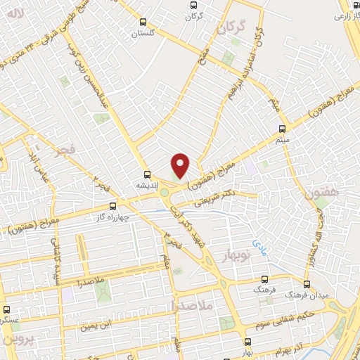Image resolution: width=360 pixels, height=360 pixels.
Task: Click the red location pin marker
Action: coord(181,165)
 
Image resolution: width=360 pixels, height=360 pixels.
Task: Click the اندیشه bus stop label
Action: coord(146,186)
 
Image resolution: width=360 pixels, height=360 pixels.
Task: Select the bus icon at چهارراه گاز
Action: coord(113,207)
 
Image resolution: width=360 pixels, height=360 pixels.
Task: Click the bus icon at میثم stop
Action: coord(282,129)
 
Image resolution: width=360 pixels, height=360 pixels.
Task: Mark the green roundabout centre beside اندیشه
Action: coord(165,192)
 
